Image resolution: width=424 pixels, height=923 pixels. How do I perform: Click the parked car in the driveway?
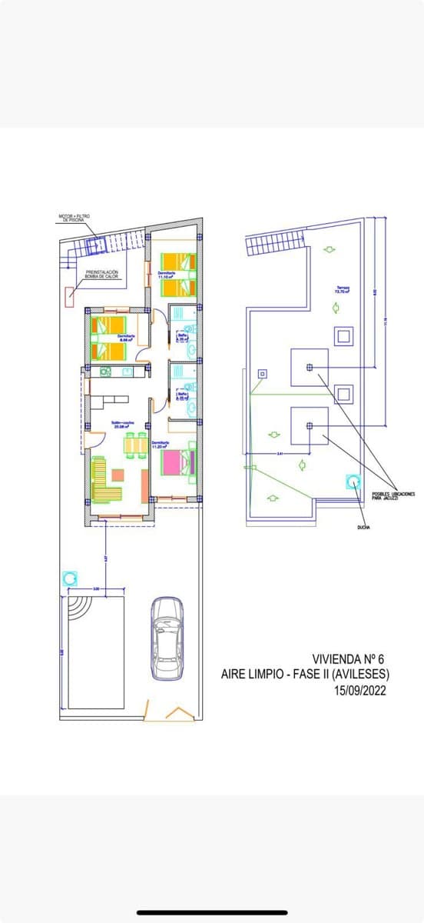click(167, 638)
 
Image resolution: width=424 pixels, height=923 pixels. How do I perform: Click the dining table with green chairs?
click(136, 445)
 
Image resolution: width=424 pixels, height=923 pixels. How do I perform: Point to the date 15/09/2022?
click(359, 691)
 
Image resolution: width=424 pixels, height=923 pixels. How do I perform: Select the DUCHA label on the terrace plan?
click(363, 528)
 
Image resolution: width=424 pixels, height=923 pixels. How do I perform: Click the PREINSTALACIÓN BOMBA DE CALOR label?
click(102, 274)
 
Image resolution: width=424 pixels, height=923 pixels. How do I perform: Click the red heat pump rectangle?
click(70, 292)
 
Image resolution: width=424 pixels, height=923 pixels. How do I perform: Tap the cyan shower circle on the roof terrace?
click(353, 481)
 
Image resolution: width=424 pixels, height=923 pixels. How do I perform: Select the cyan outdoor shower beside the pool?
click(69, 578)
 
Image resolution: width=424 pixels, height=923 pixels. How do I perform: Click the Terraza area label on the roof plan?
click(342, 290)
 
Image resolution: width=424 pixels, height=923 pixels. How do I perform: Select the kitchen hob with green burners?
click(105, 372)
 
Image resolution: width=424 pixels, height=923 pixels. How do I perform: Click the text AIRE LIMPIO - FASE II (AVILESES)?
click(305, 675)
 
